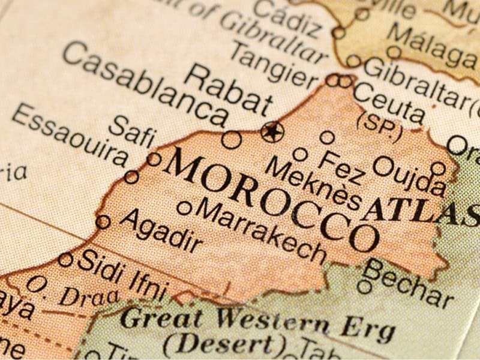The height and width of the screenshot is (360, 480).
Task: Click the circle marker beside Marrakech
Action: click(x=185, y=208)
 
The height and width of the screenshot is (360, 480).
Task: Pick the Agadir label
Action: click(x=161, y=232)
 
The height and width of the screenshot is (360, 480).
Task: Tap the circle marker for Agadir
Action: click(x=103, y=222)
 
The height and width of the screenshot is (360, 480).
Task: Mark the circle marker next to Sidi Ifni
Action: click(x=65, y=260)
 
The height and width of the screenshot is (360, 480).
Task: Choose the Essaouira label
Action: click(x=70, y=136)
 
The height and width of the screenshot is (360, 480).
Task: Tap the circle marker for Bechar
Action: click(x=364, y=286)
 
